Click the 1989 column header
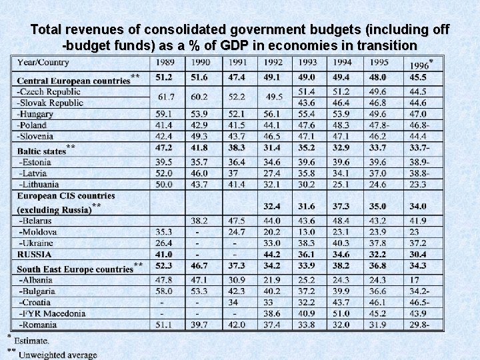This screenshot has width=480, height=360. coord(165,63)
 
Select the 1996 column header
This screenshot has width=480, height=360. coord(418,65)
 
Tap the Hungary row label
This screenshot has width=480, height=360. coord(36,114)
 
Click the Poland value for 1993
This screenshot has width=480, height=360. coord(307,125)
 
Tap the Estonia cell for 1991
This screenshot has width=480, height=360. coord(236,162)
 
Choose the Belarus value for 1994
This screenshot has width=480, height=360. coord(342,221)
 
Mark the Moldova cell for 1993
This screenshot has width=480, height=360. coord(307,232)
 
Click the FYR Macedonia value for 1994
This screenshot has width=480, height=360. coord(342,313)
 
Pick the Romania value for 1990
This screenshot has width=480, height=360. coord(200,325)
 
